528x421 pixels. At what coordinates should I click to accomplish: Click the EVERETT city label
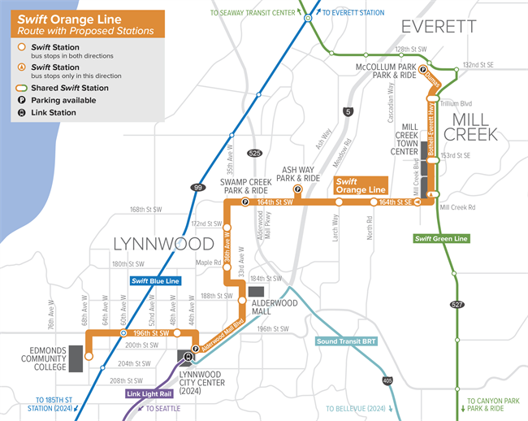coord(439,27)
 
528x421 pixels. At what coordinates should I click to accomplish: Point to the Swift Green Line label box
coord(441,238)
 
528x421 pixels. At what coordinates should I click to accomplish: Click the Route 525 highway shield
coord(255,153)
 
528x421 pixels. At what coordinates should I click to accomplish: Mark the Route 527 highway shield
coord(459,302)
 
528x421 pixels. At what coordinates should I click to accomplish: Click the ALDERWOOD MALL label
coord(271,306)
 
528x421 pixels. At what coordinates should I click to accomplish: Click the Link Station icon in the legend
coord(21,113)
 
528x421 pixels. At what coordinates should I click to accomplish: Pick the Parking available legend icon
coord(21,100)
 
